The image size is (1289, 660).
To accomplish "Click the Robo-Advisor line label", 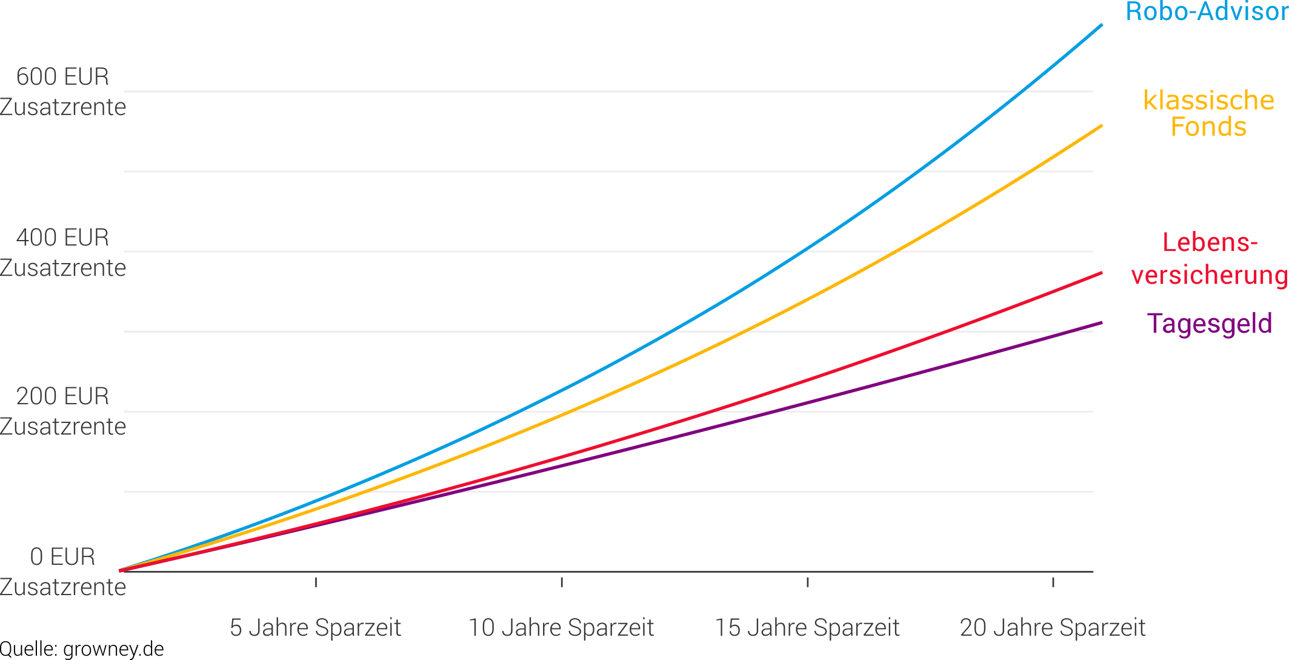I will [1206, 12].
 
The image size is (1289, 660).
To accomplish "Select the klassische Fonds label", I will [1208, 113].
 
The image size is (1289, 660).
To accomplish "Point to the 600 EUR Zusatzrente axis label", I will [63, 92].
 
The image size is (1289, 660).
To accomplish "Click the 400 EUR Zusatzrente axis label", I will [63, 253].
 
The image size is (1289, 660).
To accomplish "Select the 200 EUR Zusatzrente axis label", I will [63, 411].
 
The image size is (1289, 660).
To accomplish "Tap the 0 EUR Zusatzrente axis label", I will [63, 572].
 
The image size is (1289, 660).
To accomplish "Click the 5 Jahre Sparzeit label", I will [315, 628].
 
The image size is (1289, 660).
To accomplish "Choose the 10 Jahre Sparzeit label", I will [561, 628].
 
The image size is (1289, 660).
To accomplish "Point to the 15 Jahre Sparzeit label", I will [807, 628].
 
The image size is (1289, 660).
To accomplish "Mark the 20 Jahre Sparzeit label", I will [1053, 628].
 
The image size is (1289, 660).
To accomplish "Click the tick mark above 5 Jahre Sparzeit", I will [316, 582].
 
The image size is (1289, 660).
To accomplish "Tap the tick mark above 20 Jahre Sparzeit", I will [1053, 582].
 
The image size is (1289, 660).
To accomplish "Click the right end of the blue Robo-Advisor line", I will [1101, 25].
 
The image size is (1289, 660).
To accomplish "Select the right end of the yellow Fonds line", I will [1101, 125].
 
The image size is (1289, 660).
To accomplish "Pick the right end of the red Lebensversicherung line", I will [1101, 273].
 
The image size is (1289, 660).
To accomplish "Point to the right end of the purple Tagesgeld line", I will [1101, 323].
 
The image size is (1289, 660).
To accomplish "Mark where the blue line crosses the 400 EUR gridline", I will [805, 251].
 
